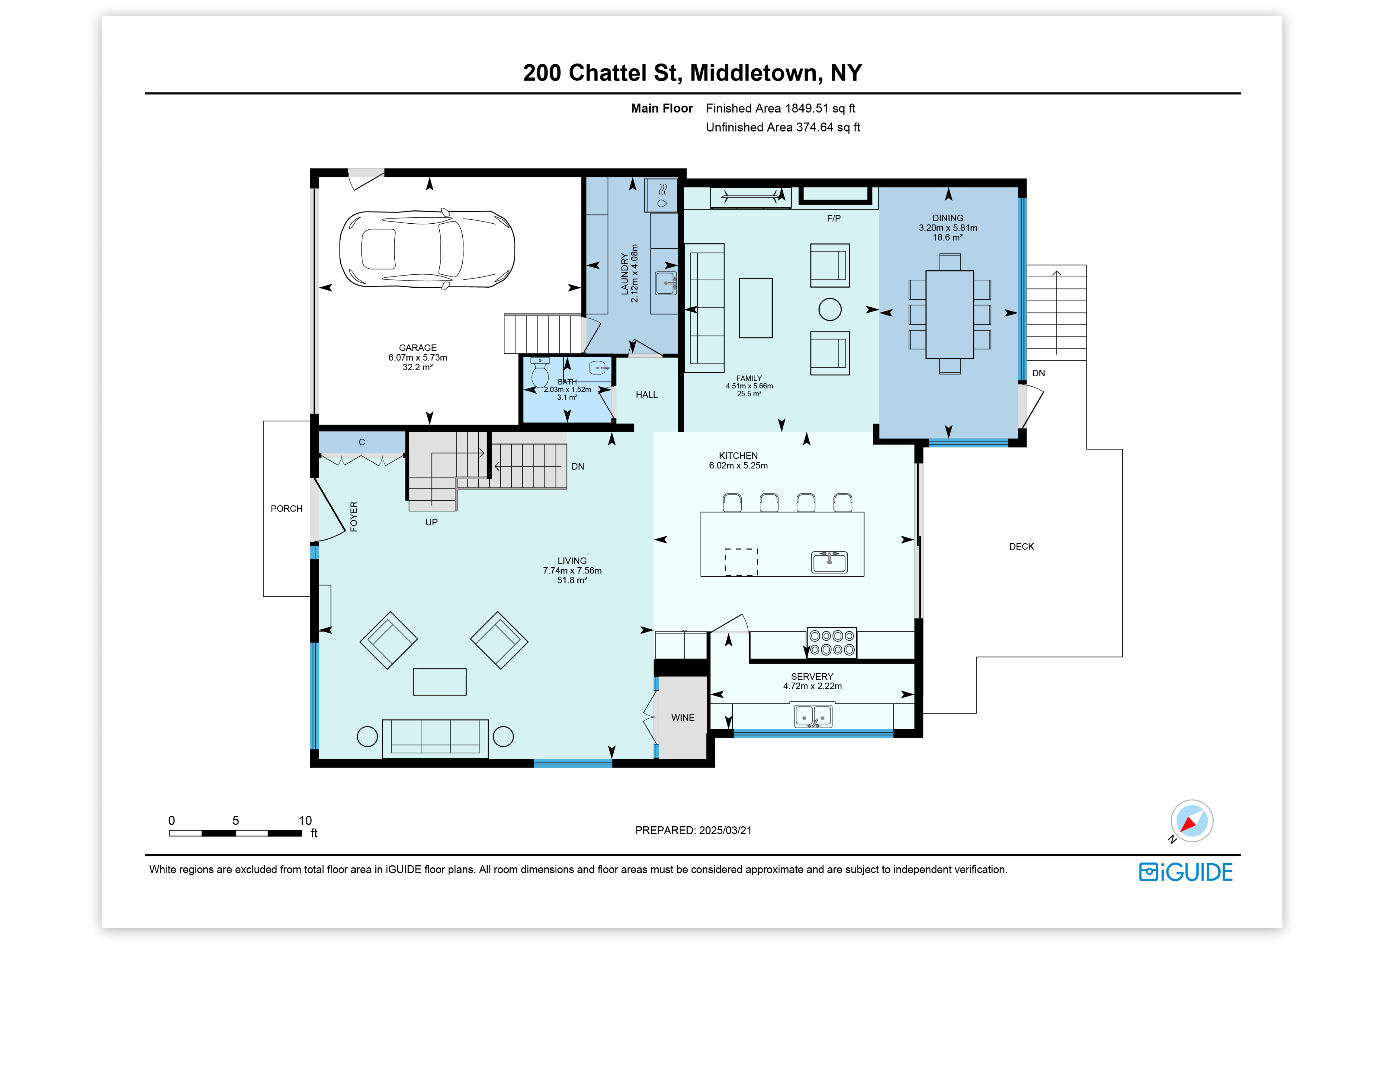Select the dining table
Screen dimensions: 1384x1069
pyautogui.click(x=949, y=315)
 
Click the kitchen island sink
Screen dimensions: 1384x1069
pyautogui.click(x=830, y=561)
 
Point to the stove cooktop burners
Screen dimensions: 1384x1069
pyautogui.click(x=831, y=642)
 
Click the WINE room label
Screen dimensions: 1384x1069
pyautogui.click(x=682, y=717)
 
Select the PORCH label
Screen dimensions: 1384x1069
pyautogui.click(x=286, y=509)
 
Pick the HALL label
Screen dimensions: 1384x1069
pyautogui.click(x=646, y=394)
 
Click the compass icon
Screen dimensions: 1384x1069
pyautogui.click(x=1191, y=822)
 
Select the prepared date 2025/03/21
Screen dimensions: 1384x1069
pyautogui.click(x=725, y=830)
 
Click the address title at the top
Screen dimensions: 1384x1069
pyautogui.click(x=692, y=73)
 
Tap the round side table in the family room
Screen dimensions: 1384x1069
pyautogui.click(x=830, y=310)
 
